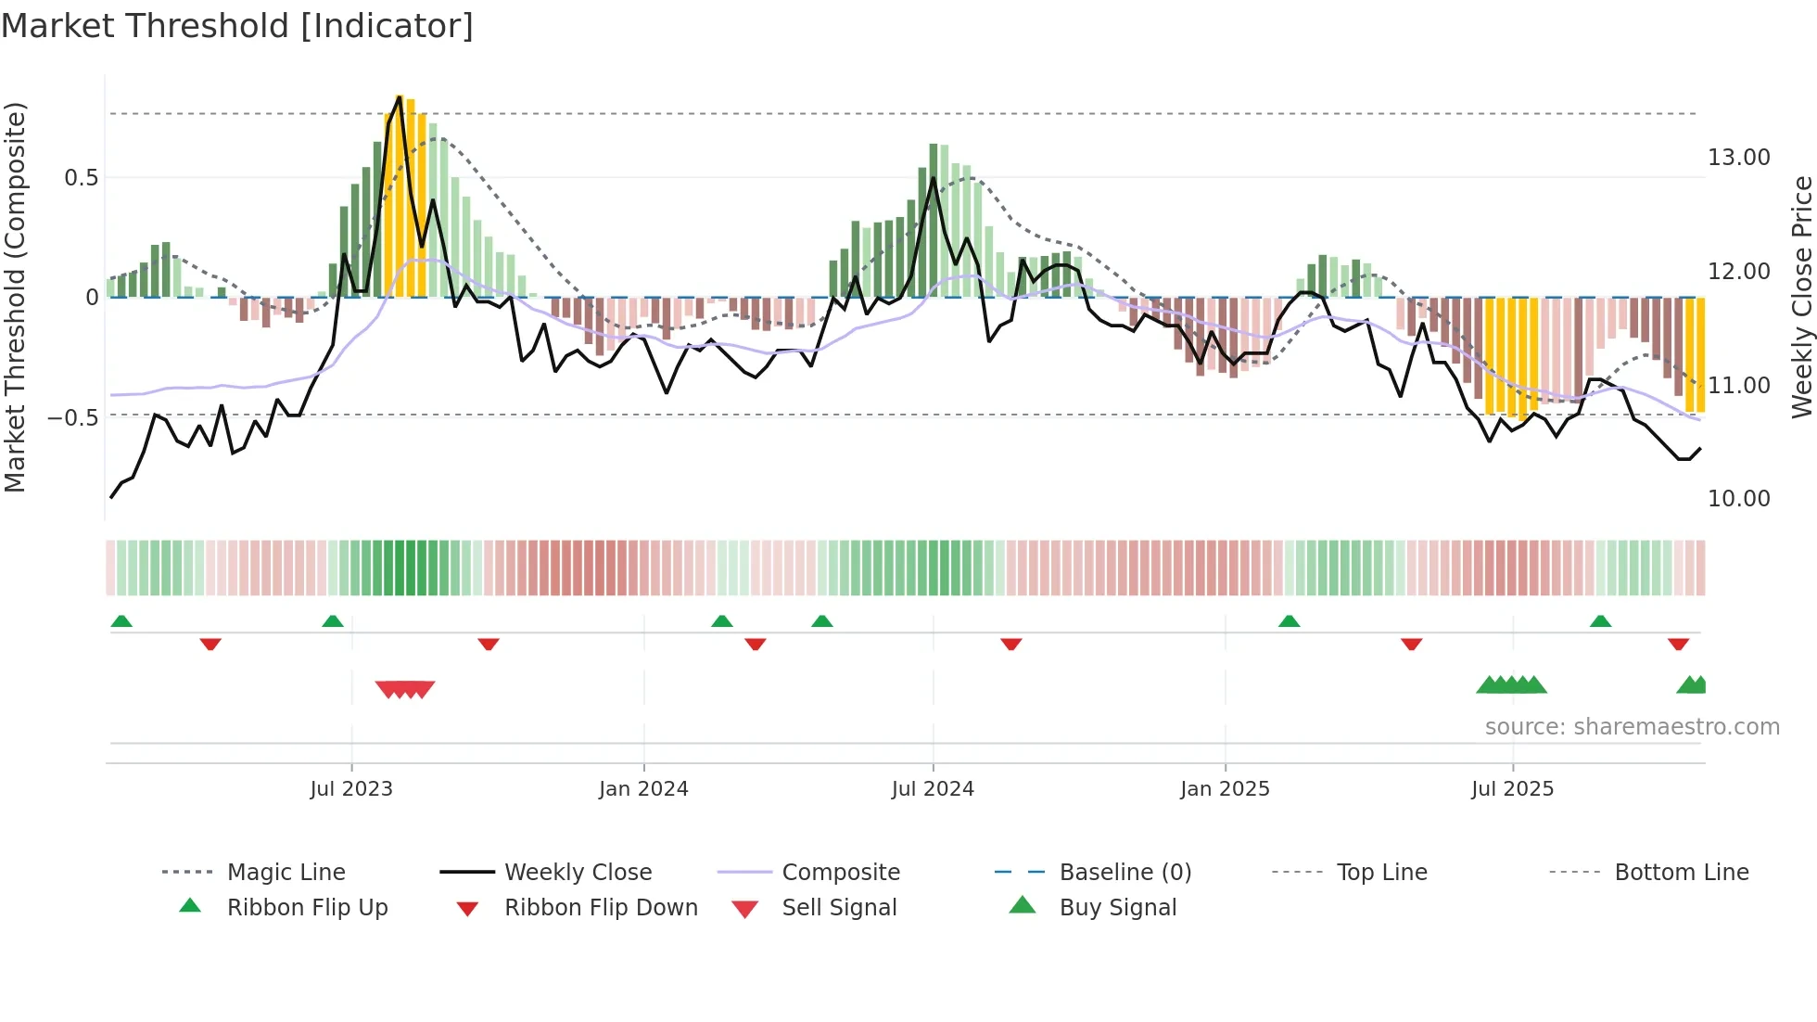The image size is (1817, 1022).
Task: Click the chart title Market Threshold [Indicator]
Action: (x=237, y=26)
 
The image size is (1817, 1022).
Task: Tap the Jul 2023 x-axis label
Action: (x=351, y=789)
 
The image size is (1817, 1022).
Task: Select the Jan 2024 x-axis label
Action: (x=643, y=789)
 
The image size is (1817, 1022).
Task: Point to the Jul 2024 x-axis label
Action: (x=933, y=789)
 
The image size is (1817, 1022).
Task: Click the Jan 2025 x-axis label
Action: (x=1225, y=789)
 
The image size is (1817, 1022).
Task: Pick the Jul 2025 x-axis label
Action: (x=1512, y=789)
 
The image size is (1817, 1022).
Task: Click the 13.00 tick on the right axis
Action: (x=1739, y=158)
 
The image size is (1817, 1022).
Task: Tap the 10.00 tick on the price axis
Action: (x=1739, y=499)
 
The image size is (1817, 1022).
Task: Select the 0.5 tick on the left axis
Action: (x=82, y=178)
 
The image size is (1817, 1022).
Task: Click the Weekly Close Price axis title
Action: (x=1801, y=297)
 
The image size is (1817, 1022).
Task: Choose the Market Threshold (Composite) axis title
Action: (x=16, y=297)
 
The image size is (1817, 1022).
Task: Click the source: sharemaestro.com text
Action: (x=1632, y=727)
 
